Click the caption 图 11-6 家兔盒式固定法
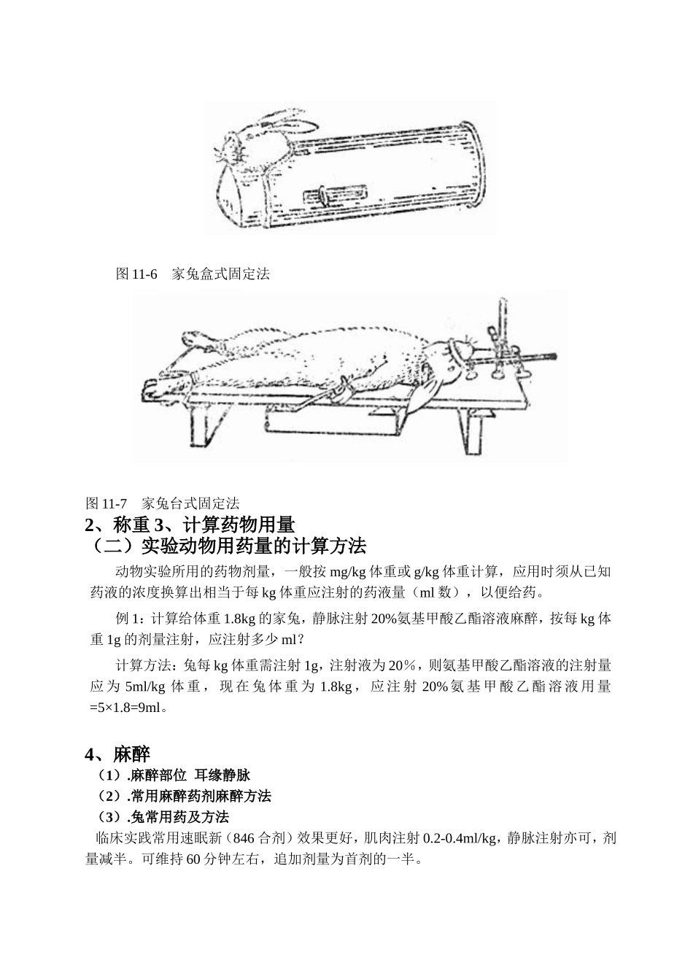coord(193,275)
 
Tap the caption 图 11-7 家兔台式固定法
coord(163,503)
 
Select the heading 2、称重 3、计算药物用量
coord(190,525)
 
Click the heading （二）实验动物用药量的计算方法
coord(225,546)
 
